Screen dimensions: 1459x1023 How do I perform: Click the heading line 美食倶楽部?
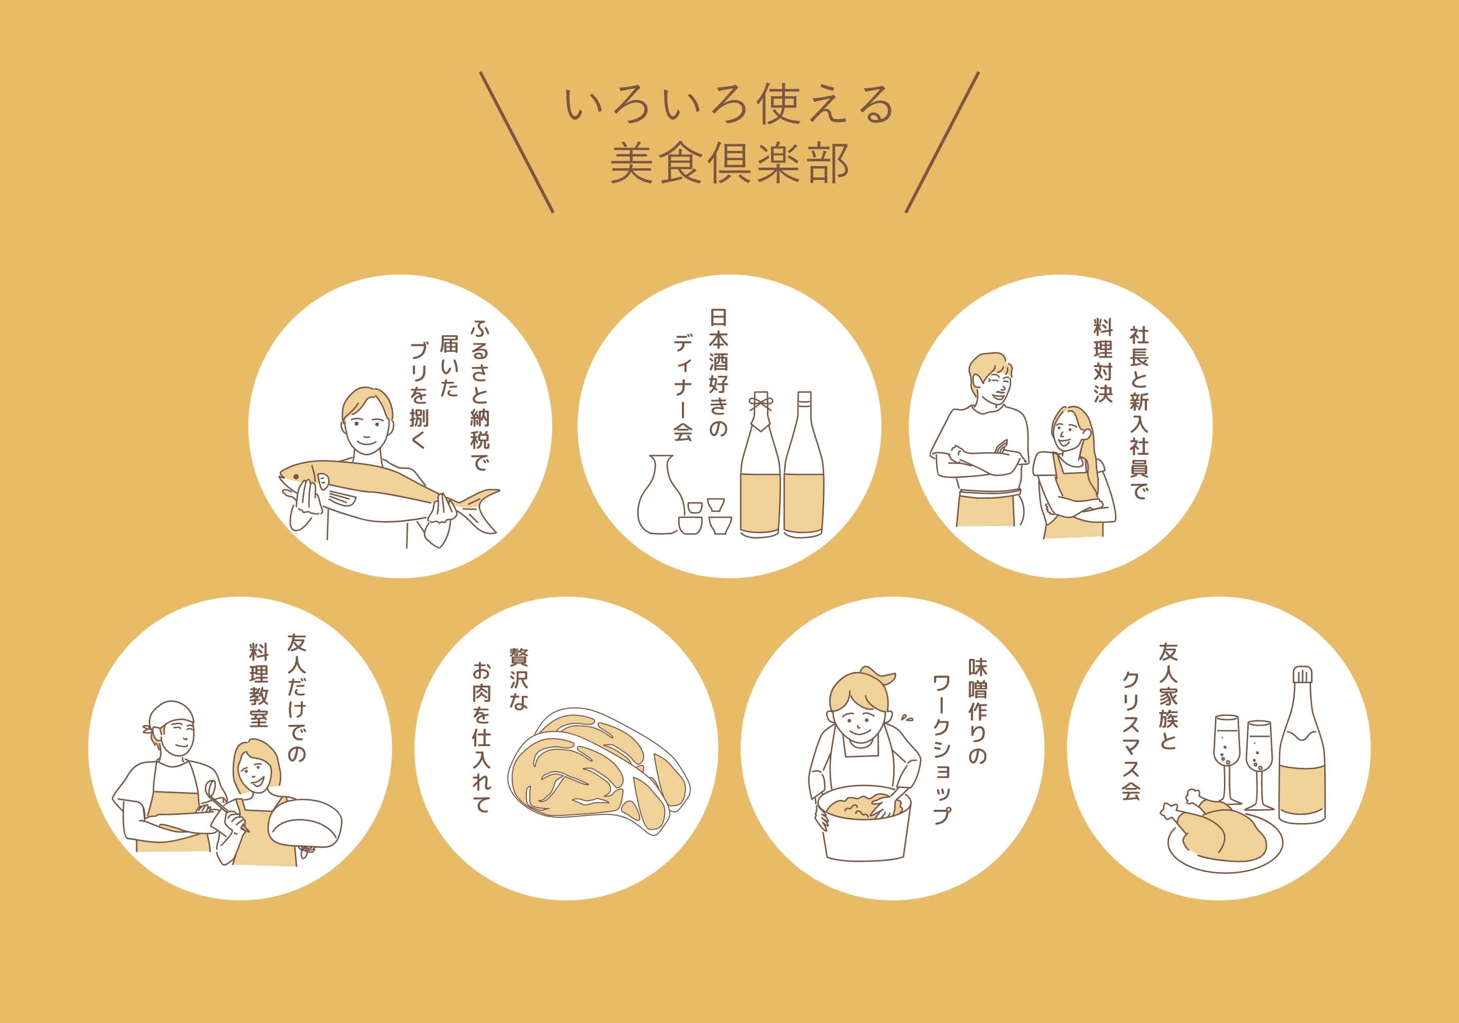coord(729,164)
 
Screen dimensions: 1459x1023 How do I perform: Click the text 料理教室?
coord(259,685)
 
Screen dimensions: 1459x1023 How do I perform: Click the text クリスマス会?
coord(1131,735)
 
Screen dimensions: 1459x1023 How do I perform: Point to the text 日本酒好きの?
coord(718,372)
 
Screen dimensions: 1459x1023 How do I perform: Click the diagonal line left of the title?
coord(517,142)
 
